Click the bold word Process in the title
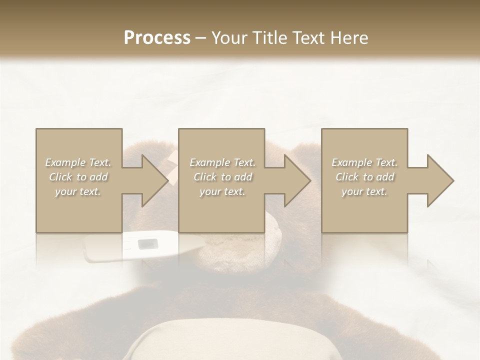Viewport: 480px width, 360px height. tap(157, 38)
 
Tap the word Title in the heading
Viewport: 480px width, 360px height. tap(269, 38)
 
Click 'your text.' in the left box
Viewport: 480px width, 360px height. tap(78, 191)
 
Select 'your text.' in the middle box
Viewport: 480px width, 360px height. tap(222, 191)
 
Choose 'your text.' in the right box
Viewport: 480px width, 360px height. tap(364, 191)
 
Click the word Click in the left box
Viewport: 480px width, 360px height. tap(60, 177)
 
